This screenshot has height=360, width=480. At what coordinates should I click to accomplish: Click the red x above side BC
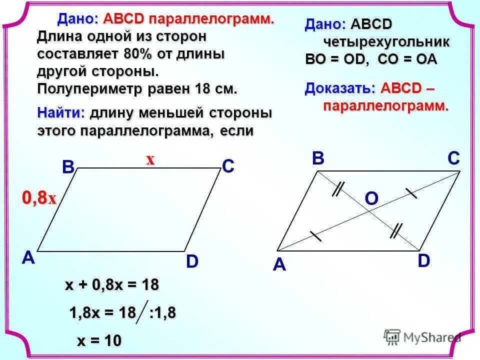(x=150, y=160)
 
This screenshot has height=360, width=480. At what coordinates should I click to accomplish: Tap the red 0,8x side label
(x=38, y=198)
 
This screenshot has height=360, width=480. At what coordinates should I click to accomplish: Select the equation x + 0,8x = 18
(x=112, y=285)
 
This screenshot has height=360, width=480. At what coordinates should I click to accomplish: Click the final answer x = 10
(x=99, y=341)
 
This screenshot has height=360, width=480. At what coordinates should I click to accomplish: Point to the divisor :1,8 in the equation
(x=162, y=313)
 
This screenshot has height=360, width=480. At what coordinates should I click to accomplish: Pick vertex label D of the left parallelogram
(x=192, y=261)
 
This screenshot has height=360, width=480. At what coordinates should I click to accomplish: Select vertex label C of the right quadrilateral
(x=453, y=159)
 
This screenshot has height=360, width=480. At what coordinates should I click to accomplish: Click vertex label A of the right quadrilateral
(x=279, y=265)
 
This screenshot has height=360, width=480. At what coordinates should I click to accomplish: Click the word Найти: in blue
(x=61, y=113)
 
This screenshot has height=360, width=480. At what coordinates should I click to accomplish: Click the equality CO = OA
(x=407, y=59)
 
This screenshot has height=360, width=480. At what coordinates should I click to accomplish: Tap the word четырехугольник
(x=386, y=42)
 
